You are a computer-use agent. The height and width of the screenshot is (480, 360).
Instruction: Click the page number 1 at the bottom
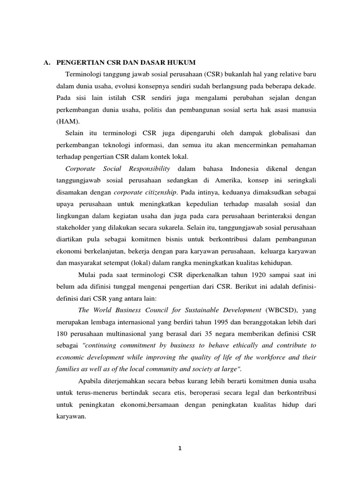(x=180, y=448)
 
